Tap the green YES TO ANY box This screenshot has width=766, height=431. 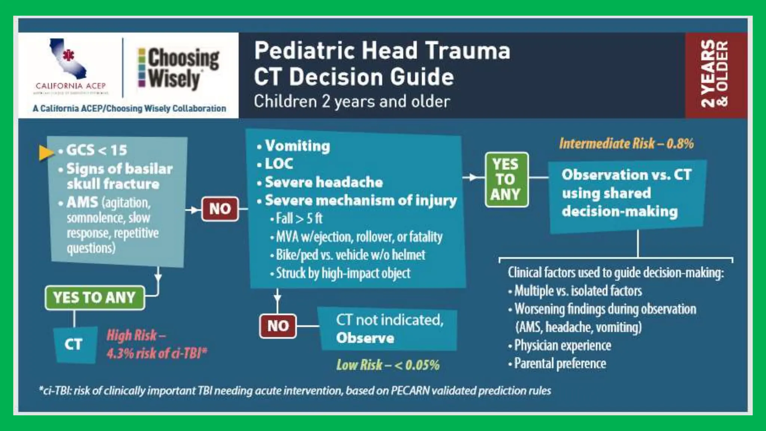point(95,298)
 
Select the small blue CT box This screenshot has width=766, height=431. point(74,344)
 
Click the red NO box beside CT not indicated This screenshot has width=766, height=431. point(278,326)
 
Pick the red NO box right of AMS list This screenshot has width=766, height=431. point(220,209)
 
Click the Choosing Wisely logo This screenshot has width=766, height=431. point(179,68)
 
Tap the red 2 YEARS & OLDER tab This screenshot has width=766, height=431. point(715,74)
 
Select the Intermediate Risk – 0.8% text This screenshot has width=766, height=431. point(626,143)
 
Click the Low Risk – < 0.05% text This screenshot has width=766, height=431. point(388,365)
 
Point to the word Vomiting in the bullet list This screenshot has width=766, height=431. point(297,146)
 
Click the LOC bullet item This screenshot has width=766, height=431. point(279,164)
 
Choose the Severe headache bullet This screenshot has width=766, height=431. point(324,182)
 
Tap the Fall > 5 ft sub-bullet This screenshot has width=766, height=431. point(299,218)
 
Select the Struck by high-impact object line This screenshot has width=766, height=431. point(343,273)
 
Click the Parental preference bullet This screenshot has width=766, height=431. point(560,363)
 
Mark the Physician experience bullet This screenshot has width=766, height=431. point(562,345)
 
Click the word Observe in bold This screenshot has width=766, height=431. point(365,338)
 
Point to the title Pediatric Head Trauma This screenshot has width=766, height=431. point(382,51)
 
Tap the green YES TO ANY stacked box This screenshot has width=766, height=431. point(506,179)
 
